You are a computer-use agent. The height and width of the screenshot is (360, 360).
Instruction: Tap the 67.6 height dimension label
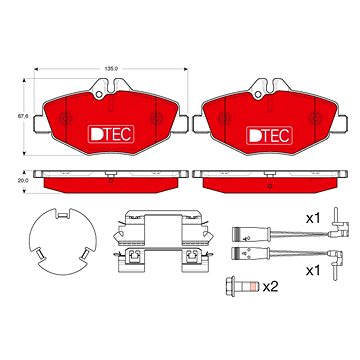pos(23,117)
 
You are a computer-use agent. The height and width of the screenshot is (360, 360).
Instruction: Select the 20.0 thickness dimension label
pos(23,180)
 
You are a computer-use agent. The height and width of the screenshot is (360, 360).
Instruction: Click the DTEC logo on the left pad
pos(111,134)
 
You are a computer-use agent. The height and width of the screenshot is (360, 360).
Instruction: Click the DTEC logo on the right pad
pos(270,136)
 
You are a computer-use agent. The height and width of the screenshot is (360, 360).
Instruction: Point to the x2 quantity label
pos(270,286)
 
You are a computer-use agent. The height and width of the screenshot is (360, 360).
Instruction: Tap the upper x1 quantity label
pos(313,219)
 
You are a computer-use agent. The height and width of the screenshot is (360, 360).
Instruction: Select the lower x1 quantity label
pos(313,271)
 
